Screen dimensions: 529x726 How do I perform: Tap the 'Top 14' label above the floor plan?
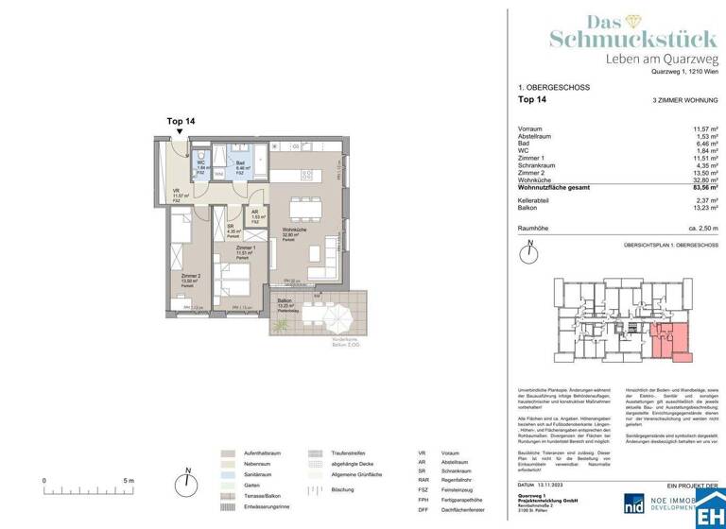coord(181,122)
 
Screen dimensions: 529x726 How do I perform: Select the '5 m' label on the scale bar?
coord(128,480)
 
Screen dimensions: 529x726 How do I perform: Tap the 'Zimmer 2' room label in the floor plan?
coord(190,276)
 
